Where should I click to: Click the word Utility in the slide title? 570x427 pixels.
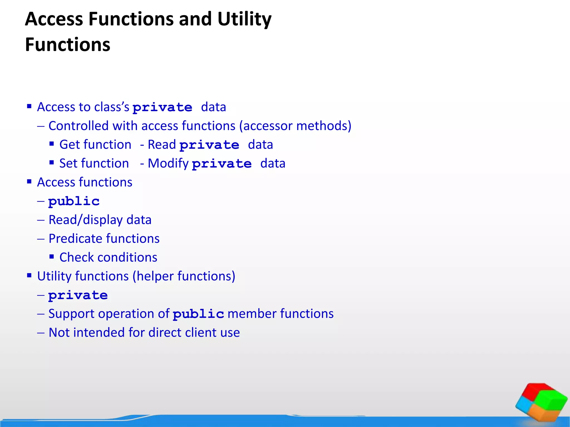[x=244, y=19]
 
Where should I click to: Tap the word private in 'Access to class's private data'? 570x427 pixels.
[x=162, y=108]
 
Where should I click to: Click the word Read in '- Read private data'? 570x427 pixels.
[x=162, y=145]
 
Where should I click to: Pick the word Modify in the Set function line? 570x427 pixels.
[x=168, y=163]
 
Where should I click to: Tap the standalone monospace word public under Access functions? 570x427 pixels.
[x=74, y=201]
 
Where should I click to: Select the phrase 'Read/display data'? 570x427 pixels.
[x=100, y=220]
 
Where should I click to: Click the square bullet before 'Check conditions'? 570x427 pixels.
[x=51, y=257]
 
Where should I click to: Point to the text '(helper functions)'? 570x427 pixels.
[x=184, y=276]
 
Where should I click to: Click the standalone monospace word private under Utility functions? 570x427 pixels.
[x=78, y=295]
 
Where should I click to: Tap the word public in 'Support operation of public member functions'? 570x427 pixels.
[x=198, y=314]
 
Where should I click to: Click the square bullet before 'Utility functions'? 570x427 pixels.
[x=29, y=275]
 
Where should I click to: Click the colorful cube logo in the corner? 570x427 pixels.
[x=541, y=402]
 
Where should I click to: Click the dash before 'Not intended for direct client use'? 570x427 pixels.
[x=41, y=333]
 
